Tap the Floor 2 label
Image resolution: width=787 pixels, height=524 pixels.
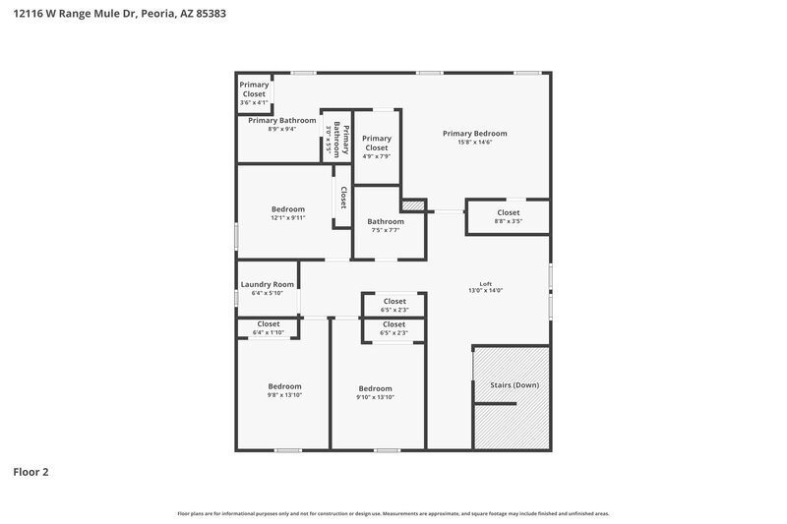click(x=30, y=472)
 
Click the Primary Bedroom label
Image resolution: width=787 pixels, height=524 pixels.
click(x=474, y=134)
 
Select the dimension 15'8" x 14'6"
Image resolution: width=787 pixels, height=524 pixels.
click(x=474, y=143)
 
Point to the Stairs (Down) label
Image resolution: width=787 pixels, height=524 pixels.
click(x=514, y=384)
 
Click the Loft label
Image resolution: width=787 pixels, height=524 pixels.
click(x=485, y=282)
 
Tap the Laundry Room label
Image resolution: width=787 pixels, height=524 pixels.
click(x=267, y=284)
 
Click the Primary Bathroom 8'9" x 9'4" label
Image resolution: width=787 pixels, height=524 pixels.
click(x=281, y=124)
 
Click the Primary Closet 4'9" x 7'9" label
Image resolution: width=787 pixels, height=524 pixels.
click(x=376, y=147)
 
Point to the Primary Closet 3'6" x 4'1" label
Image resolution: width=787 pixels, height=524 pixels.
click(x=254, y=93)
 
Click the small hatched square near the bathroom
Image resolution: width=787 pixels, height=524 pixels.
click(x=413, y=205)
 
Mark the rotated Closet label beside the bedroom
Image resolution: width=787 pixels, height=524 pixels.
click(x=343, y=198)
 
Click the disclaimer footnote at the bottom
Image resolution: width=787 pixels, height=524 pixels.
click(x=393, y=513)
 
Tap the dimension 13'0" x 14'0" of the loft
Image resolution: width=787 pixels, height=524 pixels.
click(x=485, y=291)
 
